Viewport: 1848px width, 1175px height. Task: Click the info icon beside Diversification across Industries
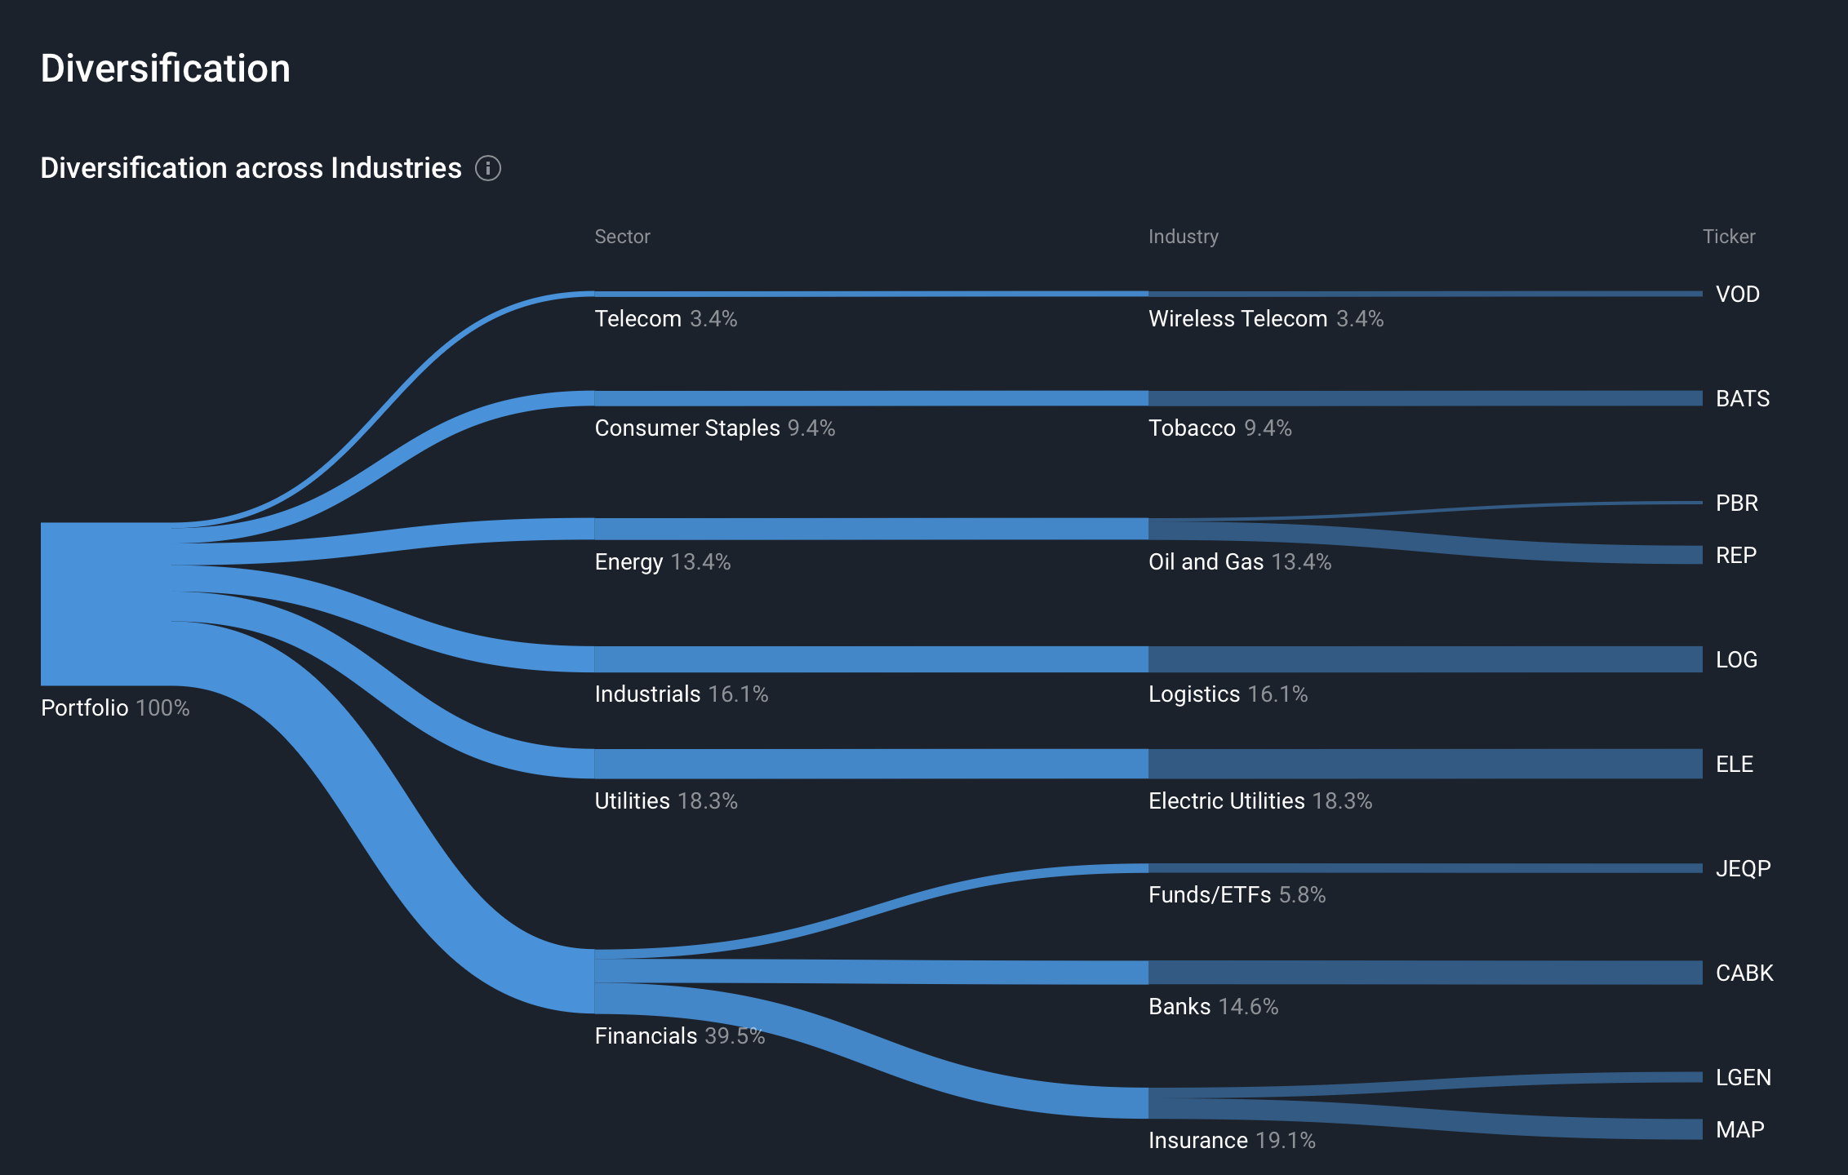click(x=488, y=168)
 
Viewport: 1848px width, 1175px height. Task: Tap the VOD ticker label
click(x=1737, y=294)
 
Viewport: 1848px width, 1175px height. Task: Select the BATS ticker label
click(x=1742, y=398)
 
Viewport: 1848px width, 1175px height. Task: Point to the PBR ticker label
click(x=1736, y=503)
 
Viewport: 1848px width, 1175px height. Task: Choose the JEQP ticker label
click(x=1743, y=868)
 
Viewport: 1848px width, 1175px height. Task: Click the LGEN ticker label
click(x=1743, y=1077)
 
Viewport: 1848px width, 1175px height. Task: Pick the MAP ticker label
click(x=1739, y=1129)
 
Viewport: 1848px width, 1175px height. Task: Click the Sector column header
click(x=622, y=237)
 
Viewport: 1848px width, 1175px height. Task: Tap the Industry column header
click(x=1183, y=237)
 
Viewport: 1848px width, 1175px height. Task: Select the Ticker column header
click(x=1728, y=237)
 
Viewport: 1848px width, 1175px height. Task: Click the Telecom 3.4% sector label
click(x=665, y=318)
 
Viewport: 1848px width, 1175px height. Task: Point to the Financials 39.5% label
click(x=679, y=1035)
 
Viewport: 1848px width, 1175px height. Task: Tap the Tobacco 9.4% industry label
click(x=1219, y=428)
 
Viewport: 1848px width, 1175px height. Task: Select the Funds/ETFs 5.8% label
click(x=1237, y=894)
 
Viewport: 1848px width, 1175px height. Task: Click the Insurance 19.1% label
click(x=1231, y=1140)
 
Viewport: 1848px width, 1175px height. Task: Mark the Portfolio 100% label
click(x=115, y=707)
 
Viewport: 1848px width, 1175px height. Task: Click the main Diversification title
click(x=166, y=69)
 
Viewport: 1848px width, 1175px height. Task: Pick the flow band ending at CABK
click(x=1424, y=973)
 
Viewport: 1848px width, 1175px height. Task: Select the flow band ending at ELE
click(x=1424, y=764)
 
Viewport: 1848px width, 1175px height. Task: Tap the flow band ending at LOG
click(x=1424, y=659)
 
